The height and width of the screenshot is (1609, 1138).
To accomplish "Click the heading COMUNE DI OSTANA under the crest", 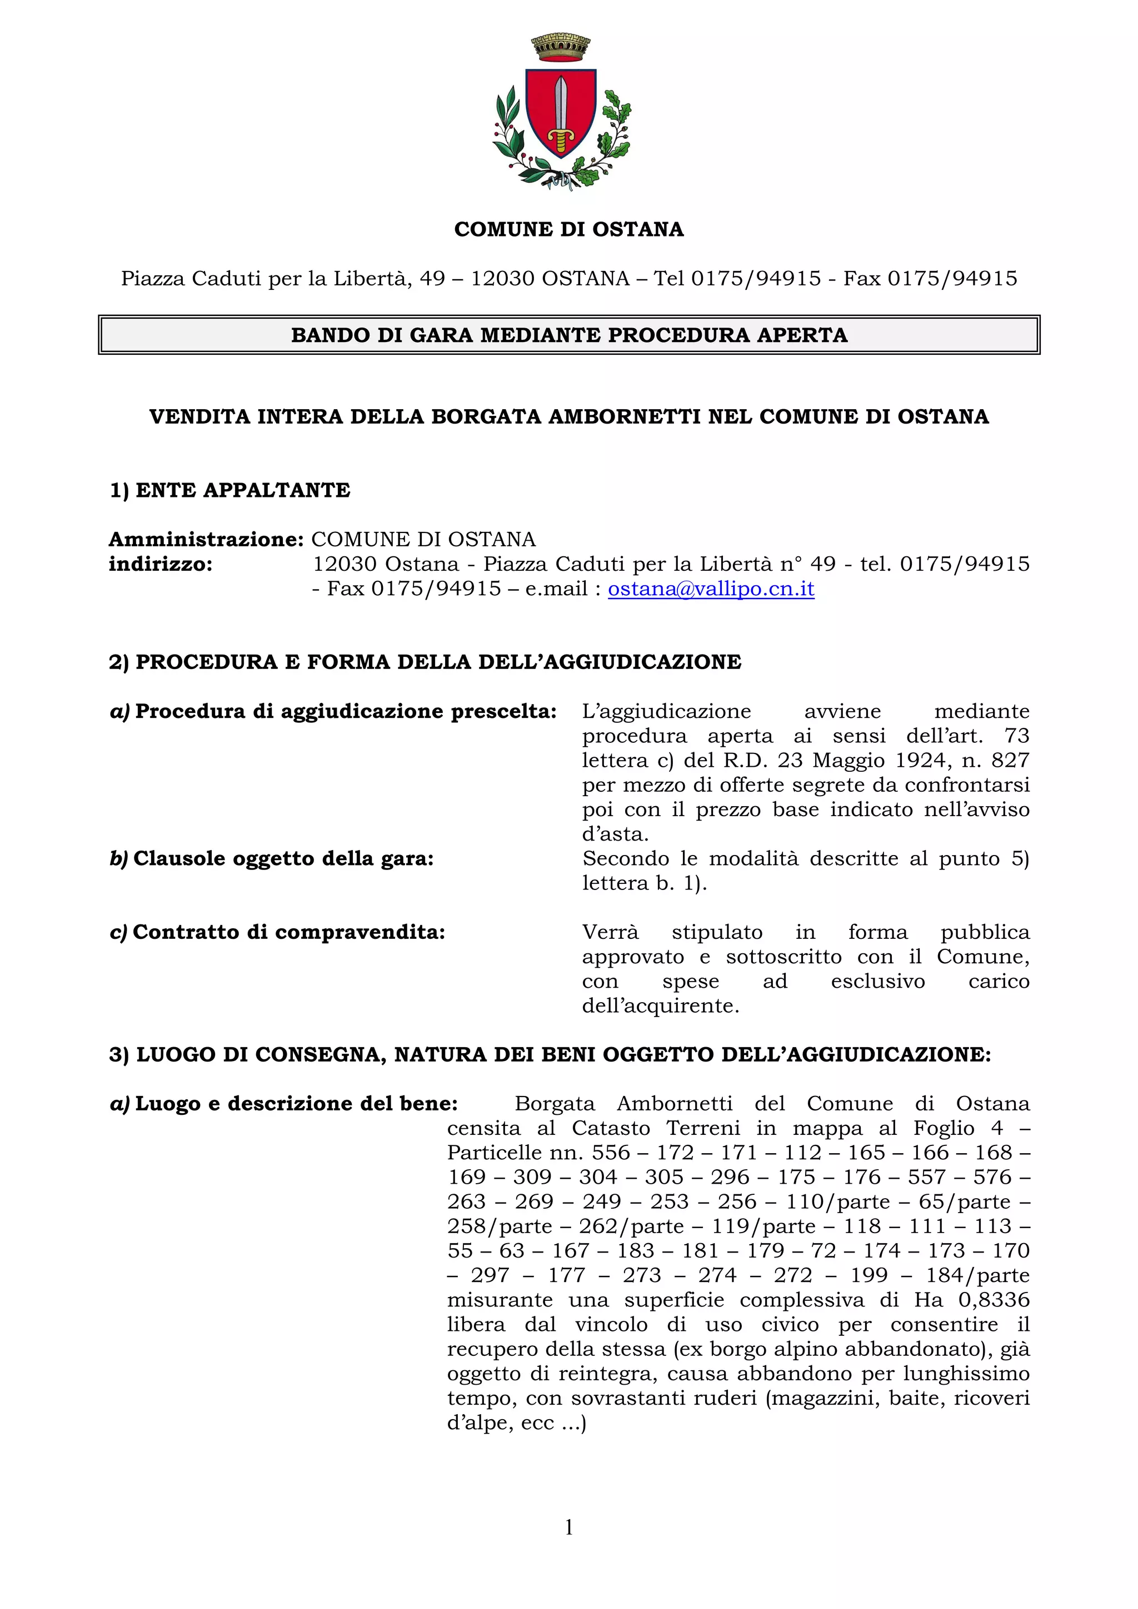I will click(568, 229).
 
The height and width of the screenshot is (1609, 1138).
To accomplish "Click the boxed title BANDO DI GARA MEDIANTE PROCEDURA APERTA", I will click(568, 335).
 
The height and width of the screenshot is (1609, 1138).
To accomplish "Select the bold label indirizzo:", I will click(160, 564).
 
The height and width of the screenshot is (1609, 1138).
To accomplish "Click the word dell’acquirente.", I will click(661, 1005).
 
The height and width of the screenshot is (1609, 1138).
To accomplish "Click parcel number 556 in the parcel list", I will click(611, 1153).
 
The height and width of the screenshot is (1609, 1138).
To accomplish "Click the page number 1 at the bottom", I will click(568, 1527).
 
